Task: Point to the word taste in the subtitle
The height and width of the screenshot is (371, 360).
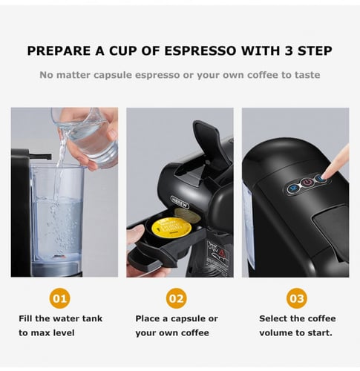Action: click(x=305, y=75)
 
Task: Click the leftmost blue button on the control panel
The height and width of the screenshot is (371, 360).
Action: click(x=293, y=188)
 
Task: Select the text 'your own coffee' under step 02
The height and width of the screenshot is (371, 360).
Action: click(x=171, y=333)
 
